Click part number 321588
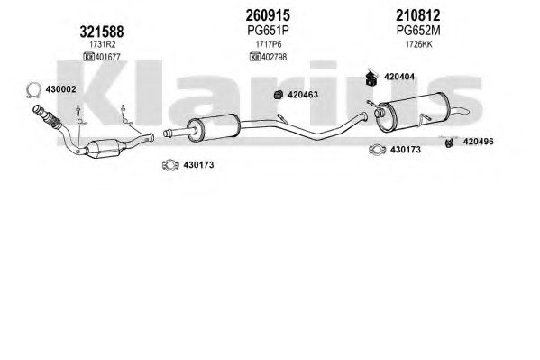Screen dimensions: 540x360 coord(102,32)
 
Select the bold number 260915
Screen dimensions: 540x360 coord(268,15)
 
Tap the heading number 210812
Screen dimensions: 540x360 coord(417,15)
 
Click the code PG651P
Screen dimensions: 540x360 coord(268,31)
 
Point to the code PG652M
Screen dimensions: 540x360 coord(418,31)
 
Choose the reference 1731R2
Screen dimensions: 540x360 coord(102,44)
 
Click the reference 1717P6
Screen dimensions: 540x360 coord(269,44)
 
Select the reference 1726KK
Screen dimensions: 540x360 coord(418,44)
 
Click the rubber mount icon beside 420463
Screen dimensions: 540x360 coord(279,95)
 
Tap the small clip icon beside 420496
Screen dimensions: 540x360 coord(449,143)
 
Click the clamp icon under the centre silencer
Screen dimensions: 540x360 coord(170,165)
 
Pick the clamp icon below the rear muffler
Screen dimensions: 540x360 coord(377,150)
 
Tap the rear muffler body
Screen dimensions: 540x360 coord(410,113)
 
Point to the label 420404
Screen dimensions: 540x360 coord(399,77)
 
